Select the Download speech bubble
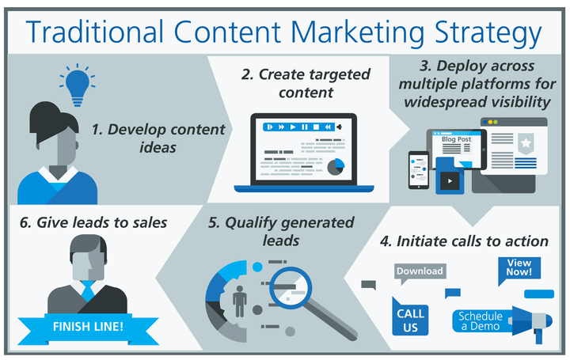click(420, 272)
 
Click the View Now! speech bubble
click(519, 268)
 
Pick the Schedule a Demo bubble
click(481, 321)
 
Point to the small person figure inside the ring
click(241, 301)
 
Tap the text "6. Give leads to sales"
click(94, 222)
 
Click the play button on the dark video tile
click(450, 180)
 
